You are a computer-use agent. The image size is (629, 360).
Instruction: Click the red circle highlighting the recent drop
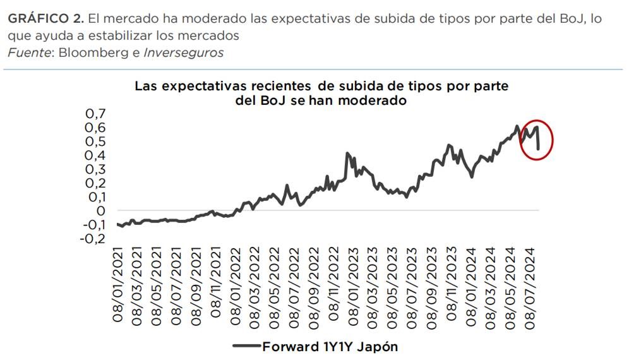pos(536,140)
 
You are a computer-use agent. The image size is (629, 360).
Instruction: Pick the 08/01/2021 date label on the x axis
pos(118,285)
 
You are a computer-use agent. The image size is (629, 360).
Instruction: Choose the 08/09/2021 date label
pos(196,285)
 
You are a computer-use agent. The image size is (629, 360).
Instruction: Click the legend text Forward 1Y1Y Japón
pos(330,346)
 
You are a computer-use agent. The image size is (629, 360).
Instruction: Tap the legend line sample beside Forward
pos(246,346)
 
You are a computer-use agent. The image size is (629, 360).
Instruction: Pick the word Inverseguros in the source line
pos(184,53)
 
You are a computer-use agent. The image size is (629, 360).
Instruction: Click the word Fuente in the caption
pos(29,53)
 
